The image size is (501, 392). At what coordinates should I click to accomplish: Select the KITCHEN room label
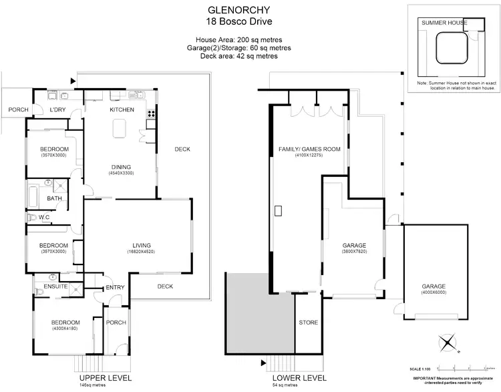[x=122, y=110]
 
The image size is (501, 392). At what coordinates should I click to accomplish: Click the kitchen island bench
[x=123, y=126]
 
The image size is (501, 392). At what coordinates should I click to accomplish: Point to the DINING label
[x=122, y=167]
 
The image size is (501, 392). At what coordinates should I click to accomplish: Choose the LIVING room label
[x=141, y=245]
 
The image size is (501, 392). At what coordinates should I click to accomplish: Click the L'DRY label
[x=60, y=110]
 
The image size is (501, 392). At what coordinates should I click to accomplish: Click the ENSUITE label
[x=56, y=286]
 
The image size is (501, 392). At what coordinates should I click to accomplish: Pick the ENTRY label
[x=115, y=288]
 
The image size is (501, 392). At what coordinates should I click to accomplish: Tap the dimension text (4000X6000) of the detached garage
[x=433, y=292]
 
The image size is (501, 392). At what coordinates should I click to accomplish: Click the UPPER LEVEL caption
[x=99, y=377]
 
